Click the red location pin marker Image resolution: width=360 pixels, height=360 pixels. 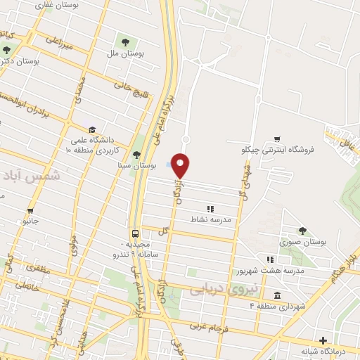[181, 165]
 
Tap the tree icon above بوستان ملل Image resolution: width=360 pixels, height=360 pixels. [126, 42]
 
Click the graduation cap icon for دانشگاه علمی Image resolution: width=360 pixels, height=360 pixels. [91, 129]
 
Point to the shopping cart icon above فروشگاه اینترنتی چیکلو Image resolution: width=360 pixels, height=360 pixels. [279, 139]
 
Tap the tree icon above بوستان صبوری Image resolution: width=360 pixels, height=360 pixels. [302, 230]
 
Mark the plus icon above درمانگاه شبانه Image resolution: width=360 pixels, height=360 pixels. [323, 340]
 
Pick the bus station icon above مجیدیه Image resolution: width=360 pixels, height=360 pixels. [134, 233]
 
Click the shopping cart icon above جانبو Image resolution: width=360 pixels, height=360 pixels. [30, 210]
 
